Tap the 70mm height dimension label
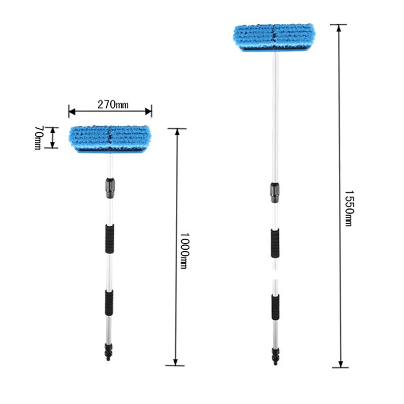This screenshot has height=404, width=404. [x=38, y=137]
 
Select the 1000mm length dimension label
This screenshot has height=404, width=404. [x=184, y=250]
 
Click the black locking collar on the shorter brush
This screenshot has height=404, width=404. [x=110, y=187]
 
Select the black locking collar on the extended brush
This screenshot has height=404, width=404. [x=275, y=192]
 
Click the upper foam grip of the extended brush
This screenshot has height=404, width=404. [x=275, y=242]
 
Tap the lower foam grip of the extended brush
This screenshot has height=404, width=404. [x=275, y=306]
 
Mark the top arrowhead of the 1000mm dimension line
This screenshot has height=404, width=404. [x=176, y=132]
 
